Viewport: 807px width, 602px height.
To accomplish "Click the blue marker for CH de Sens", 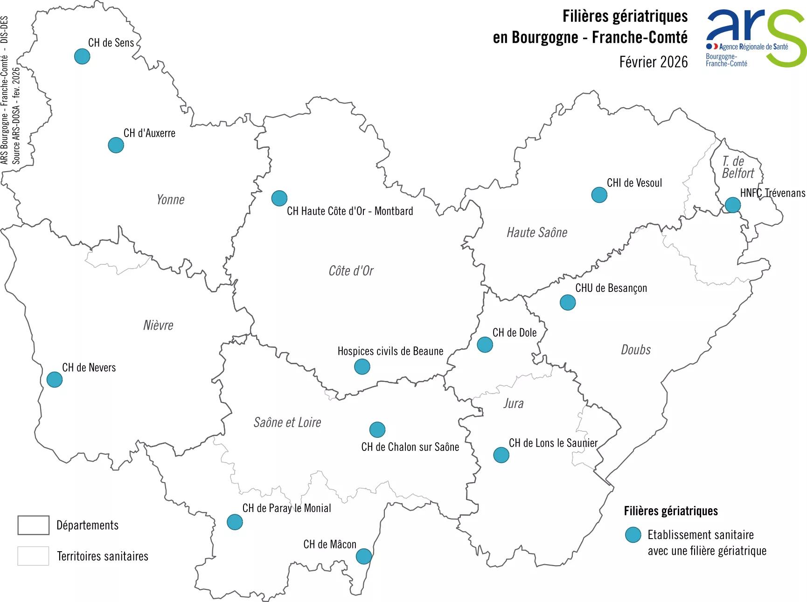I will pyautogui.click(x=82, y=56).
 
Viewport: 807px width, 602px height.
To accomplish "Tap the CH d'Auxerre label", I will pyautogui.click(x=149, y=133).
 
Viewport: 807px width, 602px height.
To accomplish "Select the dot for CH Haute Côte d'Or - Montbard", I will pyautogui.click(x=279, y=198).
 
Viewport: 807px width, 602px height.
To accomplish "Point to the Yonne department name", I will pyautogui.click(x=170, y=200).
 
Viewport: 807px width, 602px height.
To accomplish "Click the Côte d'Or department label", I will pyautogui.click(x=351, y=271).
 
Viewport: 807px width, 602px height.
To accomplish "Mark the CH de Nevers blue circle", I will pyautogui.click(x=55, y=380).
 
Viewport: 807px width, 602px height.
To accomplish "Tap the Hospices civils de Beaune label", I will pyautogui.click(x=390, y=351).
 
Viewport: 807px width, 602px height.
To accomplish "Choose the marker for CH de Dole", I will pyautogui.click(x=485, y=345).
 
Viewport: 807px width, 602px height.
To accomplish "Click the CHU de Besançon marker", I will pyautogui.click(x=567, y=302).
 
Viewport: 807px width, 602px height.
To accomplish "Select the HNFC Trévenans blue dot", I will pyautogui.click(x=732, y=205).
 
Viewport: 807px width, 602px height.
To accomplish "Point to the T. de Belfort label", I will pyautogui.click(x=737, y=167).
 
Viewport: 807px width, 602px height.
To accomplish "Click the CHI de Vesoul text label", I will pyautogui.click(x=634, y=183).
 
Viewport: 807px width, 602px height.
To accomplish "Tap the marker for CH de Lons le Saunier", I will pyautogui.click(x=501, y=455).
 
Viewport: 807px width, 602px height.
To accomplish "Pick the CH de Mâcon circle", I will pyautogui.click(x=363, y=556).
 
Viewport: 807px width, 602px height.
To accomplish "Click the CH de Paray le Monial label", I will pyautogui.click(x=286, y=508).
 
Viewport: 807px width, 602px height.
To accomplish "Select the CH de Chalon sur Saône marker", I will pyautogui.click(x=377, y=429).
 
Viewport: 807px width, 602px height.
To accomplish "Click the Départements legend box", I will pyautogui.click(x=33, y=525).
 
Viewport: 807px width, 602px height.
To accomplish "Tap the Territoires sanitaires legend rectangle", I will pyautogui.click(x=33, y=556).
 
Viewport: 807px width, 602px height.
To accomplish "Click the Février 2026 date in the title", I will pyautogui.click(x=653, y=62).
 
